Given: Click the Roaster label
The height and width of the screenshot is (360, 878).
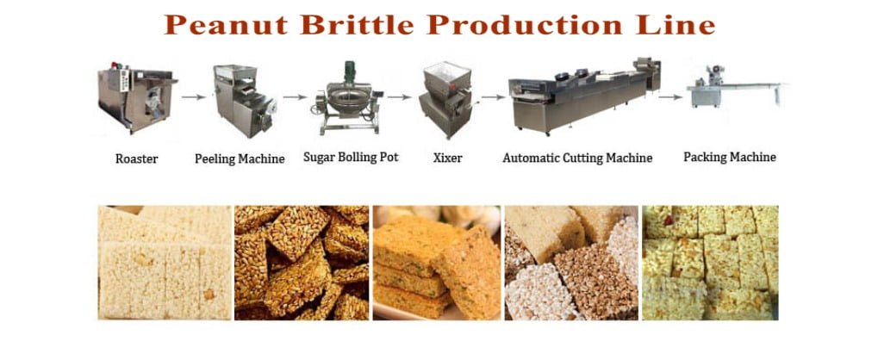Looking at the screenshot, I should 136,159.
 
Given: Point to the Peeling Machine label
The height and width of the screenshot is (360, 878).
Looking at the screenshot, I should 240,159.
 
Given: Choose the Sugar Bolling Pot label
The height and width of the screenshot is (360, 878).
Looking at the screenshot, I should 351,158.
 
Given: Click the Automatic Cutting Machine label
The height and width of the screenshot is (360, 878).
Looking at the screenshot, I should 577,158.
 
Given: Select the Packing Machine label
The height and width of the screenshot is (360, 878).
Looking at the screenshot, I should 730,158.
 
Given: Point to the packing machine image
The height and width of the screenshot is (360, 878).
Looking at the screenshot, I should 732,91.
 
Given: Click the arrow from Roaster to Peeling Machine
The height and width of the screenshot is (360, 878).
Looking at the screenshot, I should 193,96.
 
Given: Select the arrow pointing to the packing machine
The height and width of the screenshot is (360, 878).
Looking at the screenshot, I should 671,96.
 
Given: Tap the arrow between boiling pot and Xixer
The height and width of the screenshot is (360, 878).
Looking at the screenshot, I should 402,96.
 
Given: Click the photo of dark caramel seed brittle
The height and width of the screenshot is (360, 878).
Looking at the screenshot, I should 301,262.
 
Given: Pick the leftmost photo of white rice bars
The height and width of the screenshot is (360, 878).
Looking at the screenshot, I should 164,262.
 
